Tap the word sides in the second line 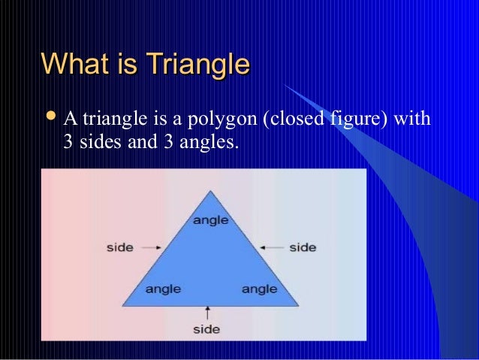(95, 141)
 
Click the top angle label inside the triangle (211, 219)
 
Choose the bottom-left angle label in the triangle (162, 289)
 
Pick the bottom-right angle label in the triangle (259, 289)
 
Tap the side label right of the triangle (303, 247)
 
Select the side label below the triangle (206, 329)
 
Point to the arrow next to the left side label (150, 247)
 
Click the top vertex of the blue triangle (211, 191)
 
